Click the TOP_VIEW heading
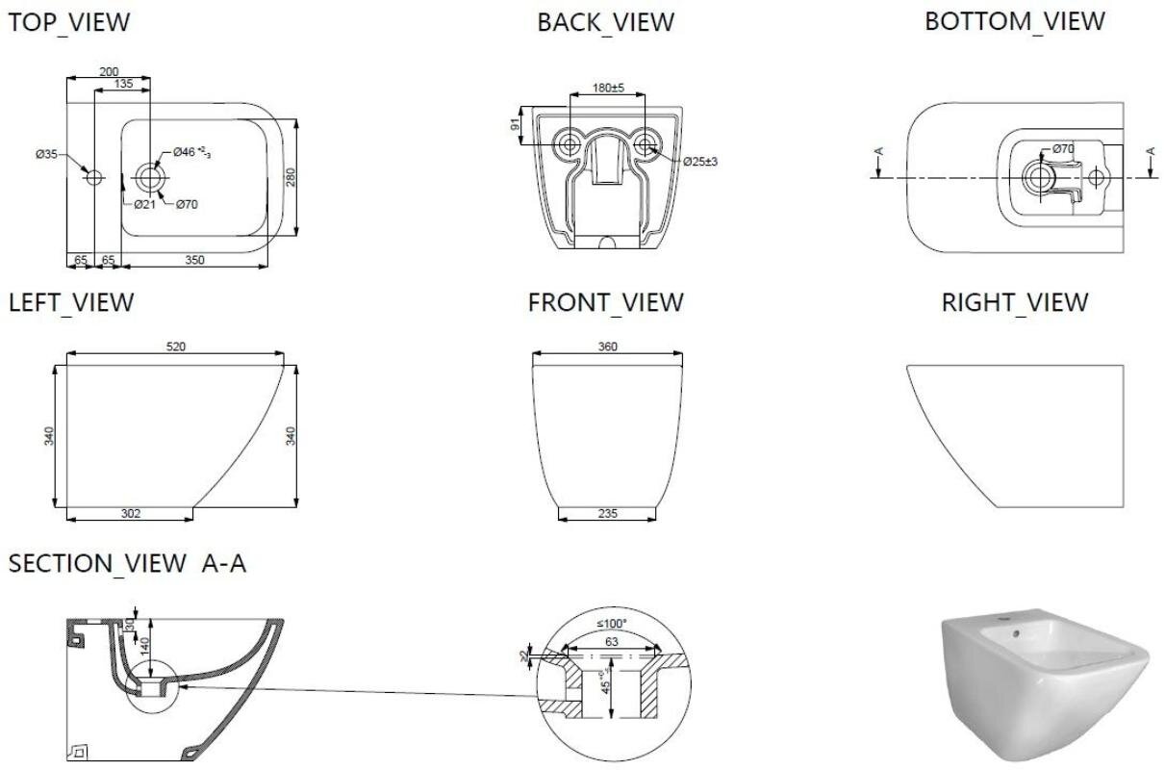(69, 22)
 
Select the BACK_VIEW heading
(606, 22)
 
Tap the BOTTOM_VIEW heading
(1015, 21)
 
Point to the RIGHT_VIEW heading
(1015, 302)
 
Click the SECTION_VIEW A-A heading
(127, 563)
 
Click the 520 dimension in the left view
(176, 346)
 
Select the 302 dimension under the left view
(131, 514)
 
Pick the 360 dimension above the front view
(607, 346)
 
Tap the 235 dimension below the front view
(607, 514)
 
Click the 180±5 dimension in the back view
(608, 88)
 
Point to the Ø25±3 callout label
(700, 162)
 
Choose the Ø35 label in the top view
(46, 154)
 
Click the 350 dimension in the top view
(194, 260)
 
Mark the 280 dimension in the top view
(291, 177)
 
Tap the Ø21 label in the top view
(144, 204)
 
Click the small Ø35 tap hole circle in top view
(94, 178)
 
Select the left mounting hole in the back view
(570, 143)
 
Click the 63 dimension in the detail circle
(612, 641)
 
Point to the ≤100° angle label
(612, 624)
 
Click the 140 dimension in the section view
(144, 646)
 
